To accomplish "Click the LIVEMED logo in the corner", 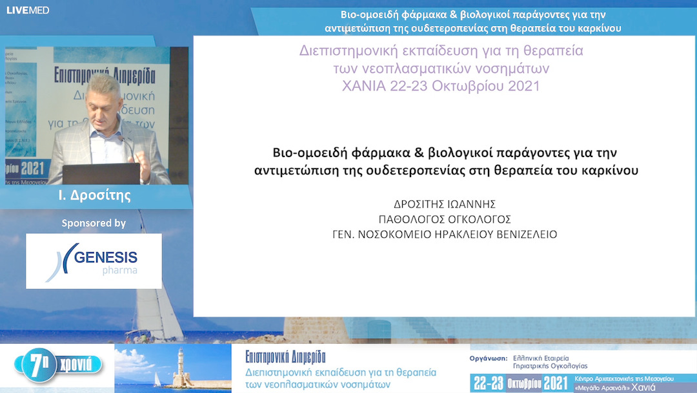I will pos(28,10).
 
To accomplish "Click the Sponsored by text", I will pos(94,223).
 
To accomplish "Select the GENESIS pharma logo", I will pos(94,260).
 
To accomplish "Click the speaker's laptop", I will pos(102,173).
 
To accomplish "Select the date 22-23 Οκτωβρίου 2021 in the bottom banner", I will pos(519,383).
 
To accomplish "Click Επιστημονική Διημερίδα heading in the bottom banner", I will pos(285,357).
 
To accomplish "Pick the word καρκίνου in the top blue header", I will pos(600,28).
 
